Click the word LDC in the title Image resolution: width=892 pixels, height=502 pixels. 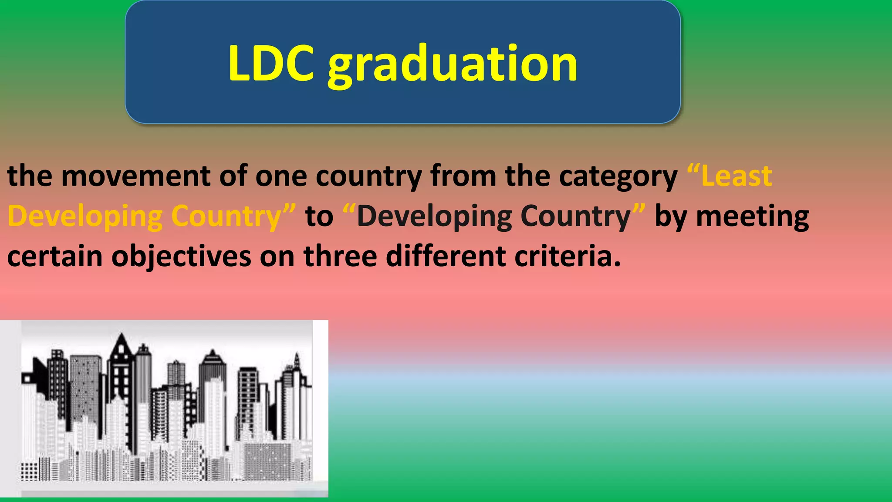pos(270,64)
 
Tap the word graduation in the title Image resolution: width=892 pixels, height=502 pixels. pos(453,65)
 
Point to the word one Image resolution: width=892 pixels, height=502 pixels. pos(280,176)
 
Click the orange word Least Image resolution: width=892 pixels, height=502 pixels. pos(736,176)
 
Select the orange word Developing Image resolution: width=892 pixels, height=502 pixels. pos(84,217)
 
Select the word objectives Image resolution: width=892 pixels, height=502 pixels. pos(181,257)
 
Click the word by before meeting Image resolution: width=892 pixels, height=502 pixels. pos(670,217)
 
